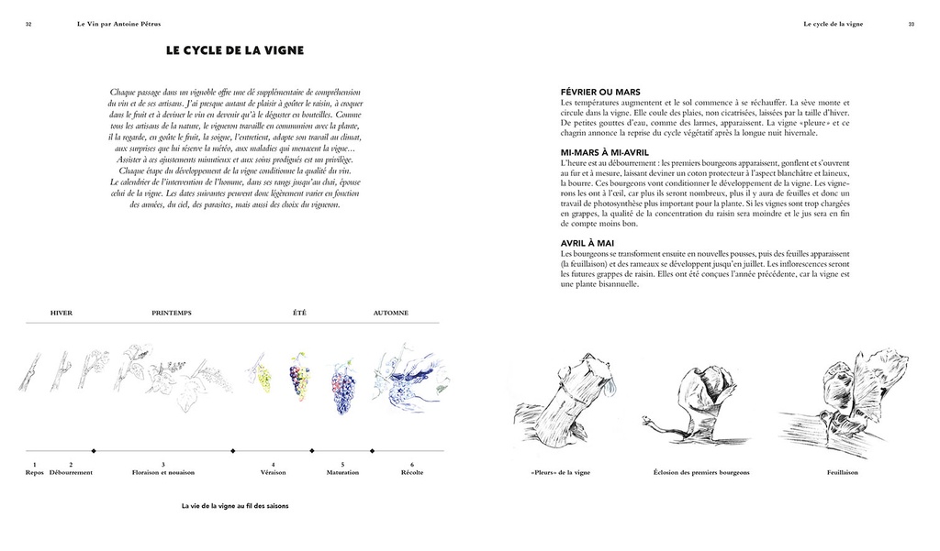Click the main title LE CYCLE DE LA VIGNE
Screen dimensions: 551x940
pyautogui.click(x=235, y=51)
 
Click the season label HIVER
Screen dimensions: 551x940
pyautogui.click(x=62, y=313)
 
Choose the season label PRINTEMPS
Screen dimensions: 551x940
pyautogui.click(x=172, y=313)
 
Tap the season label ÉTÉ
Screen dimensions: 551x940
pyautogui.click(x=299, y=313)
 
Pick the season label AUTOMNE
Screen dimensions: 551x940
pyautogui.click(x=391, y=313)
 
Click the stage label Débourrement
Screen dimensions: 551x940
pyautogui.click(x=71, y=472)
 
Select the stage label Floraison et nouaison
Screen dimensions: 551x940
pyautogui.click(x=163, y=472)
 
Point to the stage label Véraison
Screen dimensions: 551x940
pyautogui.click(x=273, y=472)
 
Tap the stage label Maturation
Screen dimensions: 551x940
pyautogui.click(x=342, y=472)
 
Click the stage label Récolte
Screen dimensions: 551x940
pyautogui.click(x=412, y=472)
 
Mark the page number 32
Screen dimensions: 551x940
pyautogui.click(x=28, y=24)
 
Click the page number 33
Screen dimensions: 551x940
pyautogui.click(x=912, y=24)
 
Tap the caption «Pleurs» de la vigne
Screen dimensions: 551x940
pyautogui.click(x=560, y=472)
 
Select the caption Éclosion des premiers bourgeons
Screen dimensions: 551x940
pyautogui.click(x=701, y=472)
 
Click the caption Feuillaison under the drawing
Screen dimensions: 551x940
pyautogui.click(x=842, y=472)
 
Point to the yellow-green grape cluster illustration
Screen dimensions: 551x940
pyautogui.click(x=263, y=375)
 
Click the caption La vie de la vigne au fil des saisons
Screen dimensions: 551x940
pyautogui.click(x=235, y=505)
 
